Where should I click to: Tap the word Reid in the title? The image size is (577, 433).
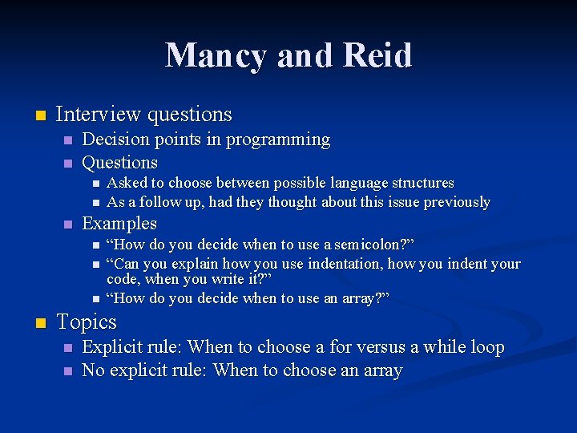point(379,55)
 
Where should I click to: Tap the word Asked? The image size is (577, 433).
point(127,183)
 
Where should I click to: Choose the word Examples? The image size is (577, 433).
point(119,224)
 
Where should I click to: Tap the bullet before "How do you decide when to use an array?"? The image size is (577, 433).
point(95,299)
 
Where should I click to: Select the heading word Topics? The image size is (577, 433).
point(86,322)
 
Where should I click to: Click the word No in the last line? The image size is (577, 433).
point(94,370)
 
